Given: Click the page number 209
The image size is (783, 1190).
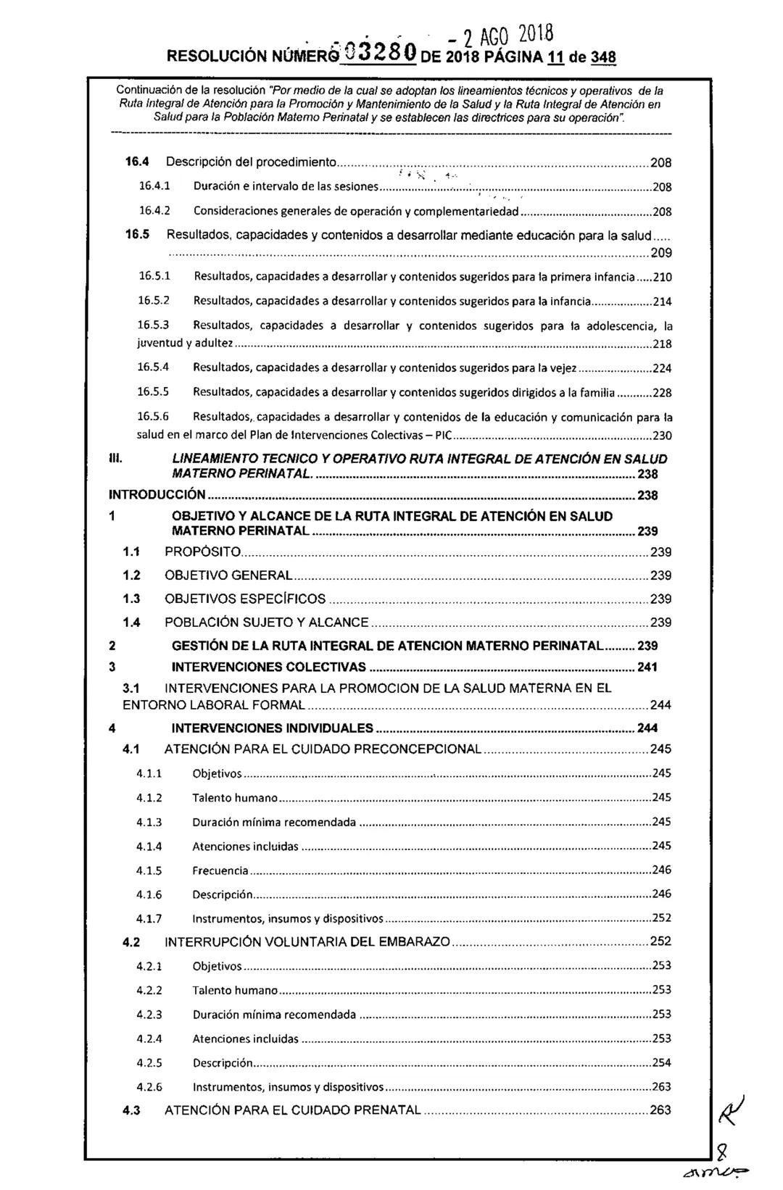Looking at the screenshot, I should click(660, 253).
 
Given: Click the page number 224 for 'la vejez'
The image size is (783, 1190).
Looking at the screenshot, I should click(662, 369).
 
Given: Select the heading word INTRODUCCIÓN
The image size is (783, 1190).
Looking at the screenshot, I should click(157, 496).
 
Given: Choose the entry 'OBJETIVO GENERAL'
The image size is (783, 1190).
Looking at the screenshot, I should click(228, 575).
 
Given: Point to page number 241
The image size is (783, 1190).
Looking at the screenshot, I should click(647, 667).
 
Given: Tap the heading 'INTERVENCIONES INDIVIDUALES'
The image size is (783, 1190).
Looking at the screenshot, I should click(273, 728).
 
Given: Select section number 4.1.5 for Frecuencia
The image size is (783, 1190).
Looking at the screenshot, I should click(149, 870).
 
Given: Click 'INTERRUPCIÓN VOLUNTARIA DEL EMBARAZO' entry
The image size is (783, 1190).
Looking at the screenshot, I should click(307, 942).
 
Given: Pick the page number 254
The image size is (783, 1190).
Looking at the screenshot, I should click(661, 1062).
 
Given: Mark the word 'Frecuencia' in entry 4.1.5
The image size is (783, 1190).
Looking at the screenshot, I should click(220, 870).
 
